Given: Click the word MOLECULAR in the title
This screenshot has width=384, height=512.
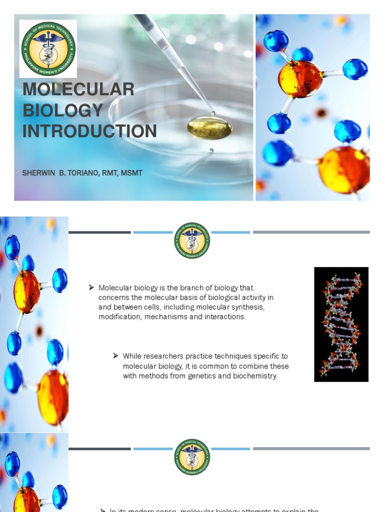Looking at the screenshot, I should (78, 89).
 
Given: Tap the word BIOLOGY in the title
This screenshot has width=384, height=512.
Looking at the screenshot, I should (62, 110).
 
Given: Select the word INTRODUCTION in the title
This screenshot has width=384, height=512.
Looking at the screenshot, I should (89, 131).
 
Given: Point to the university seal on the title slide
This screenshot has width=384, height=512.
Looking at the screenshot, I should (48, 48).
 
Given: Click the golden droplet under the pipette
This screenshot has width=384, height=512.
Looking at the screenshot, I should (209, 127).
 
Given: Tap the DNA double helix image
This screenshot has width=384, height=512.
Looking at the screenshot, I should (341, 324).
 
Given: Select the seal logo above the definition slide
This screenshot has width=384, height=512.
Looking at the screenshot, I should (192, 240).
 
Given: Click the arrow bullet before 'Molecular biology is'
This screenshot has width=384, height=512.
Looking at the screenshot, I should (91, 287).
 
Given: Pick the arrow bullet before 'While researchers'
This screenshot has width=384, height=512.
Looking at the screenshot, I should (115, 356).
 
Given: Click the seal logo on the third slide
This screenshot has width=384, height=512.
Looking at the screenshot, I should (192, 456).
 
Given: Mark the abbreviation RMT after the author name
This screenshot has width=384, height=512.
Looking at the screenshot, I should (110, 173).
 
